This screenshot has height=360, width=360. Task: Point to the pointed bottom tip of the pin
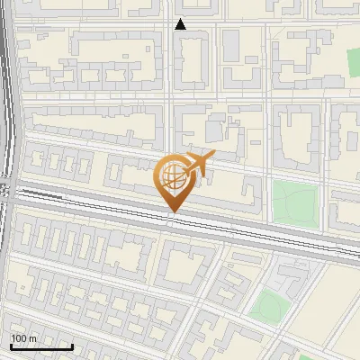click(172, 212)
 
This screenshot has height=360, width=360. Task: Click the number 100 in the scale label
click(18, 338)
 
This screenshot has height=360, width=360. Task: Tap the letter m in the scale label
click(32, 338)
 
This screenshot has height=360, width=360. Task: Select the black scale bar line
click(41, 346)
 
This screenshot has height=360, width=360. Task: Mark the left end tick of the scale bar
click(11, 345)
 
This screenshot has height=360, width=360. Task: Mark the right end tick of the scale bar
click(72, 345)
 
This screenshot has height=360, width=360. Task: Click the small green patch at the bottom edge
click(306, 356)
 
